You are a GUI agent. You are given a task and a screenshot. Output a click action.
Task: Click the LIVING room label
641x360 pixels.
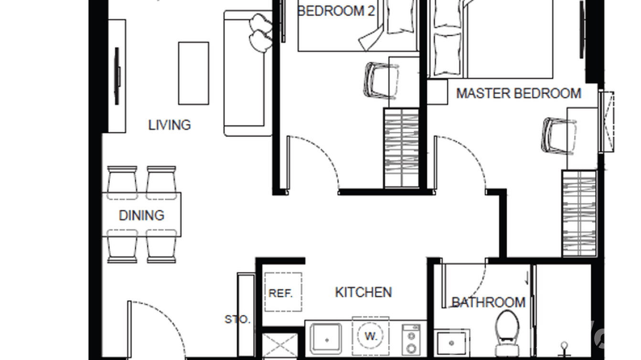point(169,125)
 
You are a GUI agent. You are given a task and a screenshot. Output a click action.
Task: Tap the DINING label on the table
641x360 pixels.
point(141,215)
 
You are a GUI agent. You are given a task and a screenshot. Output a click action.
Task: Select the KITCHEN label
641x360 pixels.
point(363,292)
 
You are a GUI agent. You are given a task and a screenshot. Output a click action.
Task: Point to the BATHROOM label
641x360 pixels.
point(488,302)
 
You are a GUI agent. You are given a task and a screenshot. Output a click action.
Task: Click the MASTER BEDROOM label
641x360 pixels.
point(518,93)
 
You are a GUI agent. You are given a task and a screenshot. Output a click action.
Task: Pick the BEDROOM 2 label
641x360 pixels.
point(336,11)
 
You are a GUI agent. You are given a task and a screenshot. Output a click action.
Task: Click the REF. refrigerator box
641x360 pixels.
point(283,292)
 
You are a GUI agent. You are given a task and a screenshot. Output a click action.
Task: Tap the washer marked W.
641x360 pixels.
point(371,336)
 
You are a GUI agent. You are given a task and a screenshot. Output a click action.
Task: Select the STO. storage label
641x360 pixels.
point(237,319)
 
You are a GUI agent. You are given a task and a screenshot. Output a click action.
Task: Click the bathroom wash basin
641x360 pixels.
point(451,342)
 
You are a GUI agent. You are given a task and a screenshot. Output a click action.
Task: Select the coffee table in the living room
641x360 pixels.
point(193,73)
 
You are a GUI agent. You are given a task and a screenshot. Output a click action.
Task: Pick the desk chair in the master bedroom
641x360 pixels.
point(557,136)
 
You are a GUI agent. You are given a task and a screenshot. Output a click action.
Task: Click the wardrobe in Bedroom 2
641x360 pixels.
point(401,148)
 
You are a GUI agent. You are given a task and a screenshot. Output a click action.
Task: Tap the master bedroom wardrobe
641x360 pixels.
point(579,213)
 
